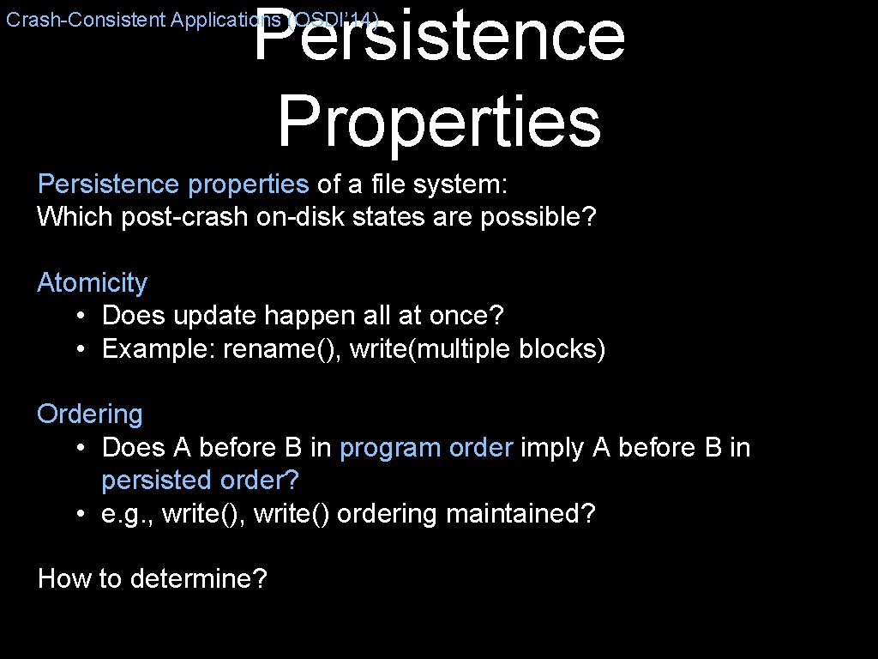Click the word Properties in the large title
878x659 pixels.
pyautogui.click(x=438, y=122)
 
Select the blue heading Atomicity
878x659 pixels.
pyautogui.click(x=92, y=282)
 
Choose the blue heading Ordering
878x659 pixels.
pyautogui.click(x=89, y=414)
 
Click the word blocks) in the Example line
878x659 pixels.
pyautogui.click(x=562, y=349)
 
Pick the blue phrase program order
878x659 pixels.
pyautogui.click(x=426, y=447)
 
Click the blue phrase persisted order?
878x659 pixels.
pyautogui.click(x=205, y=480)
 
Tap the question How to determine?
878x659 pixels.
pyautogui.click(x=153, y=578)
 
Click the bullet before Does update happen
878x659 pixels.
pyautogui.click(x=79, y=316)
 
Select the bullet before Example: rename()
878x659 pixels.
pyautogui.click(x=79, y=349)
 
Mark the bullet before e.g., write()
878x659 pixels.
pyautogui.click(x=79, y=513)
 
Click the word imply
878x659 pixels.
pyautogui.click(x=553, y=447)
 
